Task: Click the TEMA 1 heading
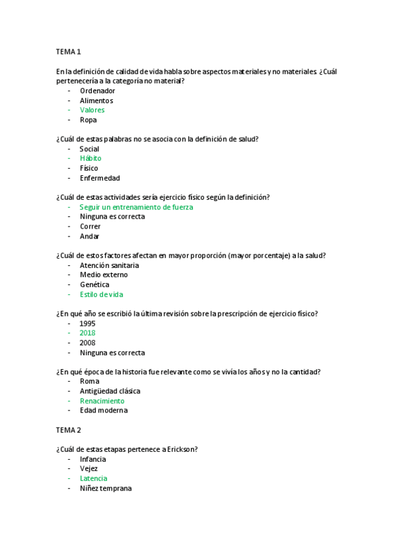pos(68,52)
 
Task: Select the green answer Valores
pos(92,110)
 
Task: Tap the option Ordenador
pos(97,91)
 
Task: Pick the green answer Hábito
pos(91,158)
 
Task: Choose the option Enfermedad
pos(100,178)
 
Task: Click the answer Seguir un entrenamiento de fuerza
pos(136,207)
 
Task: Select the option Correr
pos(91,227)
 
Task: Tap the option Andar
pos(89,236)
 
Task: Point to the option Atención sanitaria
pos(110,265)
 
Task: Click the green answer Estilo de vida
pos(101,294)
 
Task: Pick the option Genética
pos(94,284)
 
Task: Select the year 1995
pos(87,323)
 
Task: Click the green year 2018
pos(87,333)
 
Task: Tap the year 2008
pos(87,343)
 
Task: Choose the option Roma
pos(89,381)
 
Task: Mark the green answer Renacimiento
pos(102,401)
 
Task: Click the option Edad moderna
pos(104,411)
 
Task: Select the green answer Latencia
pos(93,478)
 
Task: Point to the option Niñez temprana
pos(106,488)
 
